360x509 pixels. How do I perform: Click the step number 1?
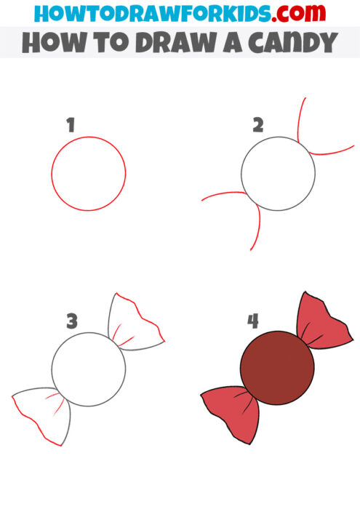pos(71,126)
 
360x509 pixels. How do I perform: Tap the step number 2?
pos(257,126)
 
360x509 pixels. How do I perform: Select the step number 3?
pos(71,320)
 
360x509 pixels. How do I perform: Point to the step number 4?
pos(252,320)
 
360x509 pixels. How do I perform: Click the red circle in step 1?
pos(89,175)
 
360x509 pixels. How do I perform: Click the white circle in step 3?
pos(89,369)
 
